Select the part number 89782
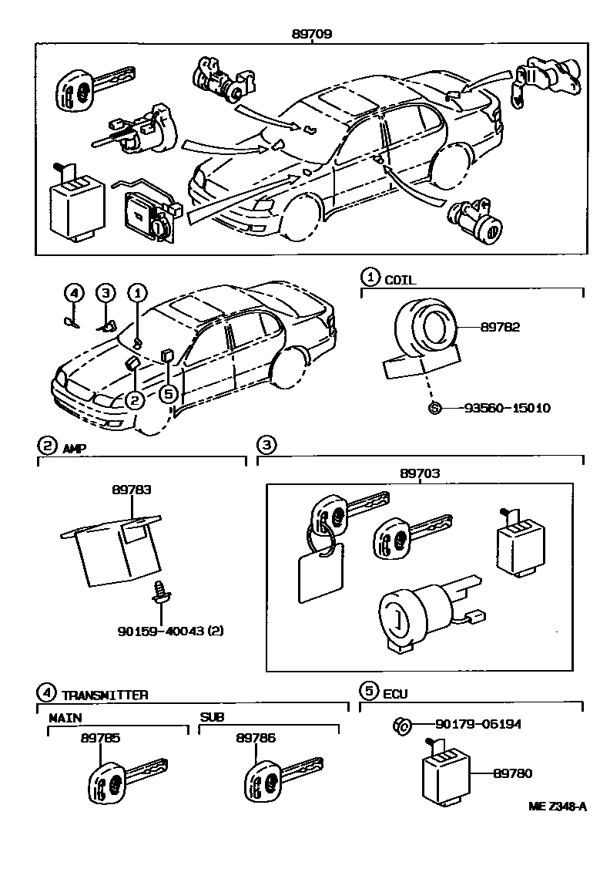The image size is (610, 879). coord(500,327)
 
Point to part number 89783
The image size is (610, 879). coord(131,490)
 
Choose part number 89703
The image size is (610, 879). coord(420,473)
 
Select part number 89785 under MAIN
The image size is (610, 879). coord(100,738)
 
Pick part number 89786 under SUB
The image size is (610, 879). coord(256,738)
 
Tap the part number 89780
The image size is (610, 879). coord(512,773)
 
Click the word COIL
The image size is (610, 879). coord(400,281)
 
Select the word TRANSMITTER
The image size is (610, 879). coord(105,695)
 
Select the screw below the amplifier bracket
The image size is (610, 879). coord(161,591)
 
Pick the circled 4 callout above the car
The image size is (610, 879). coord(73,292)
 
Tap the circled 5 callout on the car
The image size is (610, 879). coord(169,393)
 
